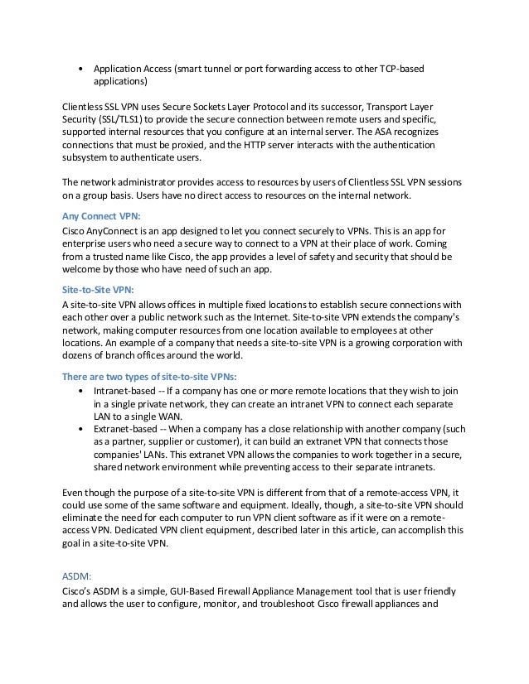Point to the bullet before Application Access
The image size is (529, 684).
point(80,69)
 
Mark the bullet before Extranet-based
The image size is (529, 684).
point(80,430)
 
